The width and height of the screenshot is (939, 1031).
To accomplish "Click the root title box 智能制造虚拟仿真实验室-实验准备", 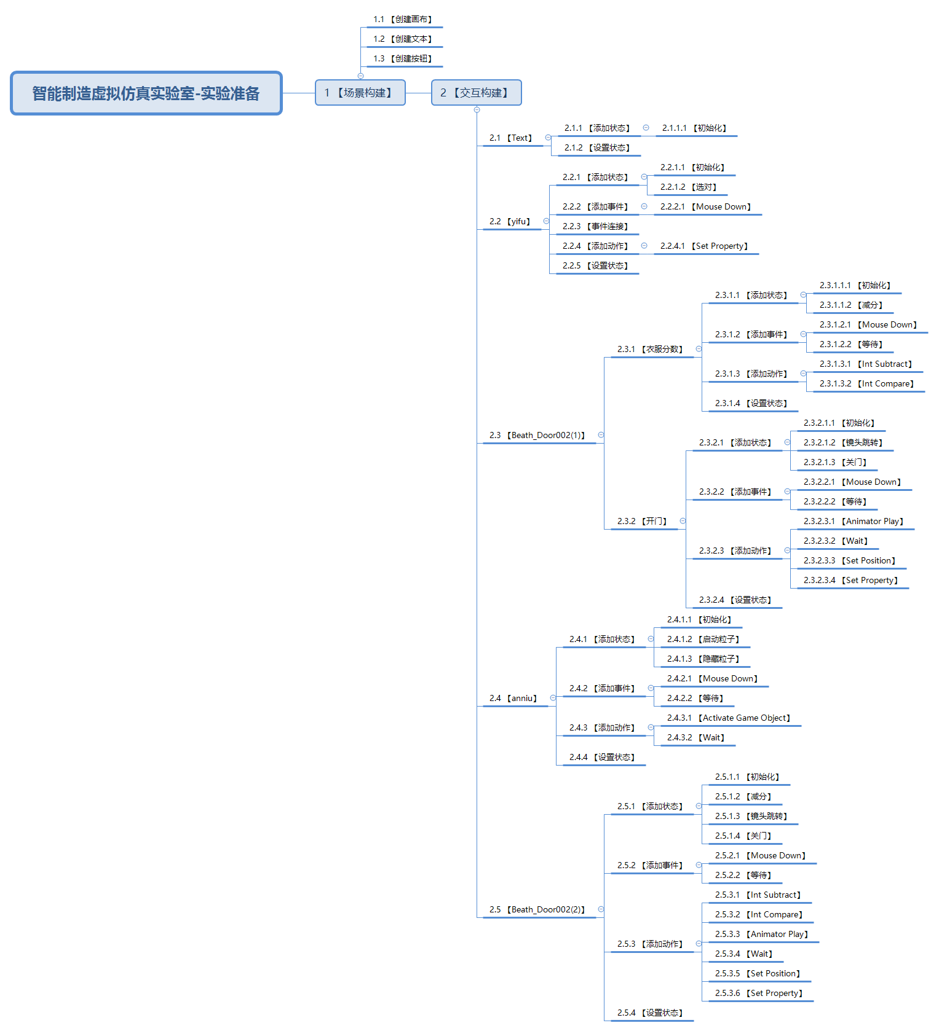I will click(x=146, y=93).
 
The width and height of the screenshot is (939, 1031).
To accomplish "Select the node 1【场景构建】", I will click(x=360, y=93).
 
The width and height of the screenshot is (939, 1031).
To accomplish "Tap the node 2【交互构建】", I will click(x=476, y=93).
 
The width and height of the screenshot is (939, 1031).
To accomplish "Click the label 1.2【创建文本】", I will click(x=403, y=39).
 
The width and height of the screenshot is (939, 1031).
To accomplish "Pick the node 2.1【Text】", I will click(x=511, y=138).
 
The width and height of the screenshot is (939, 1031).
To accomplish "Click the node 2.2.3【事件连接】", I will click(x=595, y=227).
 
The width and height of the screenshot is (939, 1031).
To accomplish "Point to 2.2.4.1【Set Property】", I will click(x=705, y=246).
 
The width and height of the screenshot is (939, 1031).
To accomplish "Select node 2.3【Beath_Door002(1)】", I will click(x=537, y=436).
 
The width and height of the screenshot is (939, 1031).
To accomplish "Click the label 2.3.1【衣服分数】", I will click(x=651, y=350).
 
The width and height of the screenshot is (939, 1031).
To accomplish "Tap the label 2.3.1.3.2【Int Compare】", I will click(x=867, y=384).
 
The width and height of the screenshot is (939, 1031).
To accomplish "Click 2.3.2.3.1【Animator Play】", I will click(x=854, y=522).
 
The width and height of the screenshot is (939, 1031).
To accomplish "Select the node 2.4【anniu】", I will click(x=513, y=699).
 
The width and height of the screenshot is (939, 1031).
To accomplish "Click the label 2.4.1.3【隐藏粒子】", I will click(x=703, y=659).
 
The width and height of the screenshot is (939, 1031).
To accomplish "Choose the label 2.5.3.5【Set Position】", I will click(x=758, y=974).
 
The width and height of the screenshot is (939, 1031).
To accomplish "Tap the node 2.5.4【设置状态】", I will click(x=651, y=1013).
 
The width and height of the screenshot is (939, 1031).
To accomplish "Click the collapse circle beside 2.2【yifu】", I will click(x=546, y=221).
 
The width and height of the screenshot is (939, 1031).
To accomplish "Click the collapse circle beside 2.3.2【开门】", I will click(x=683, y=521).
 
